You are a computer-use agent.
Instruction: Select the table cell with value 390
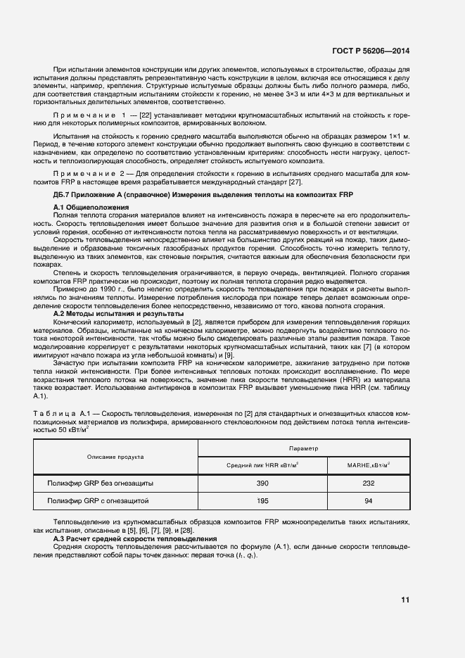[x=262, y=483]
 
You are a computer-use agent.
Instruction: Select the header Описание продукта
[x=115, y=456]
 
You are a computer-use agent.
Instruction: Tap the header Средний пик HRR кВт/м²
[x=262, y=465]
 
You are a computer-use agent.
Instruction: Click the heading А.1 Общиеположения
[x=91, y=208]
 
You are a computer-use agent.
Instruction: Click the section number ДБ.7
[x=64, y=194]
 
